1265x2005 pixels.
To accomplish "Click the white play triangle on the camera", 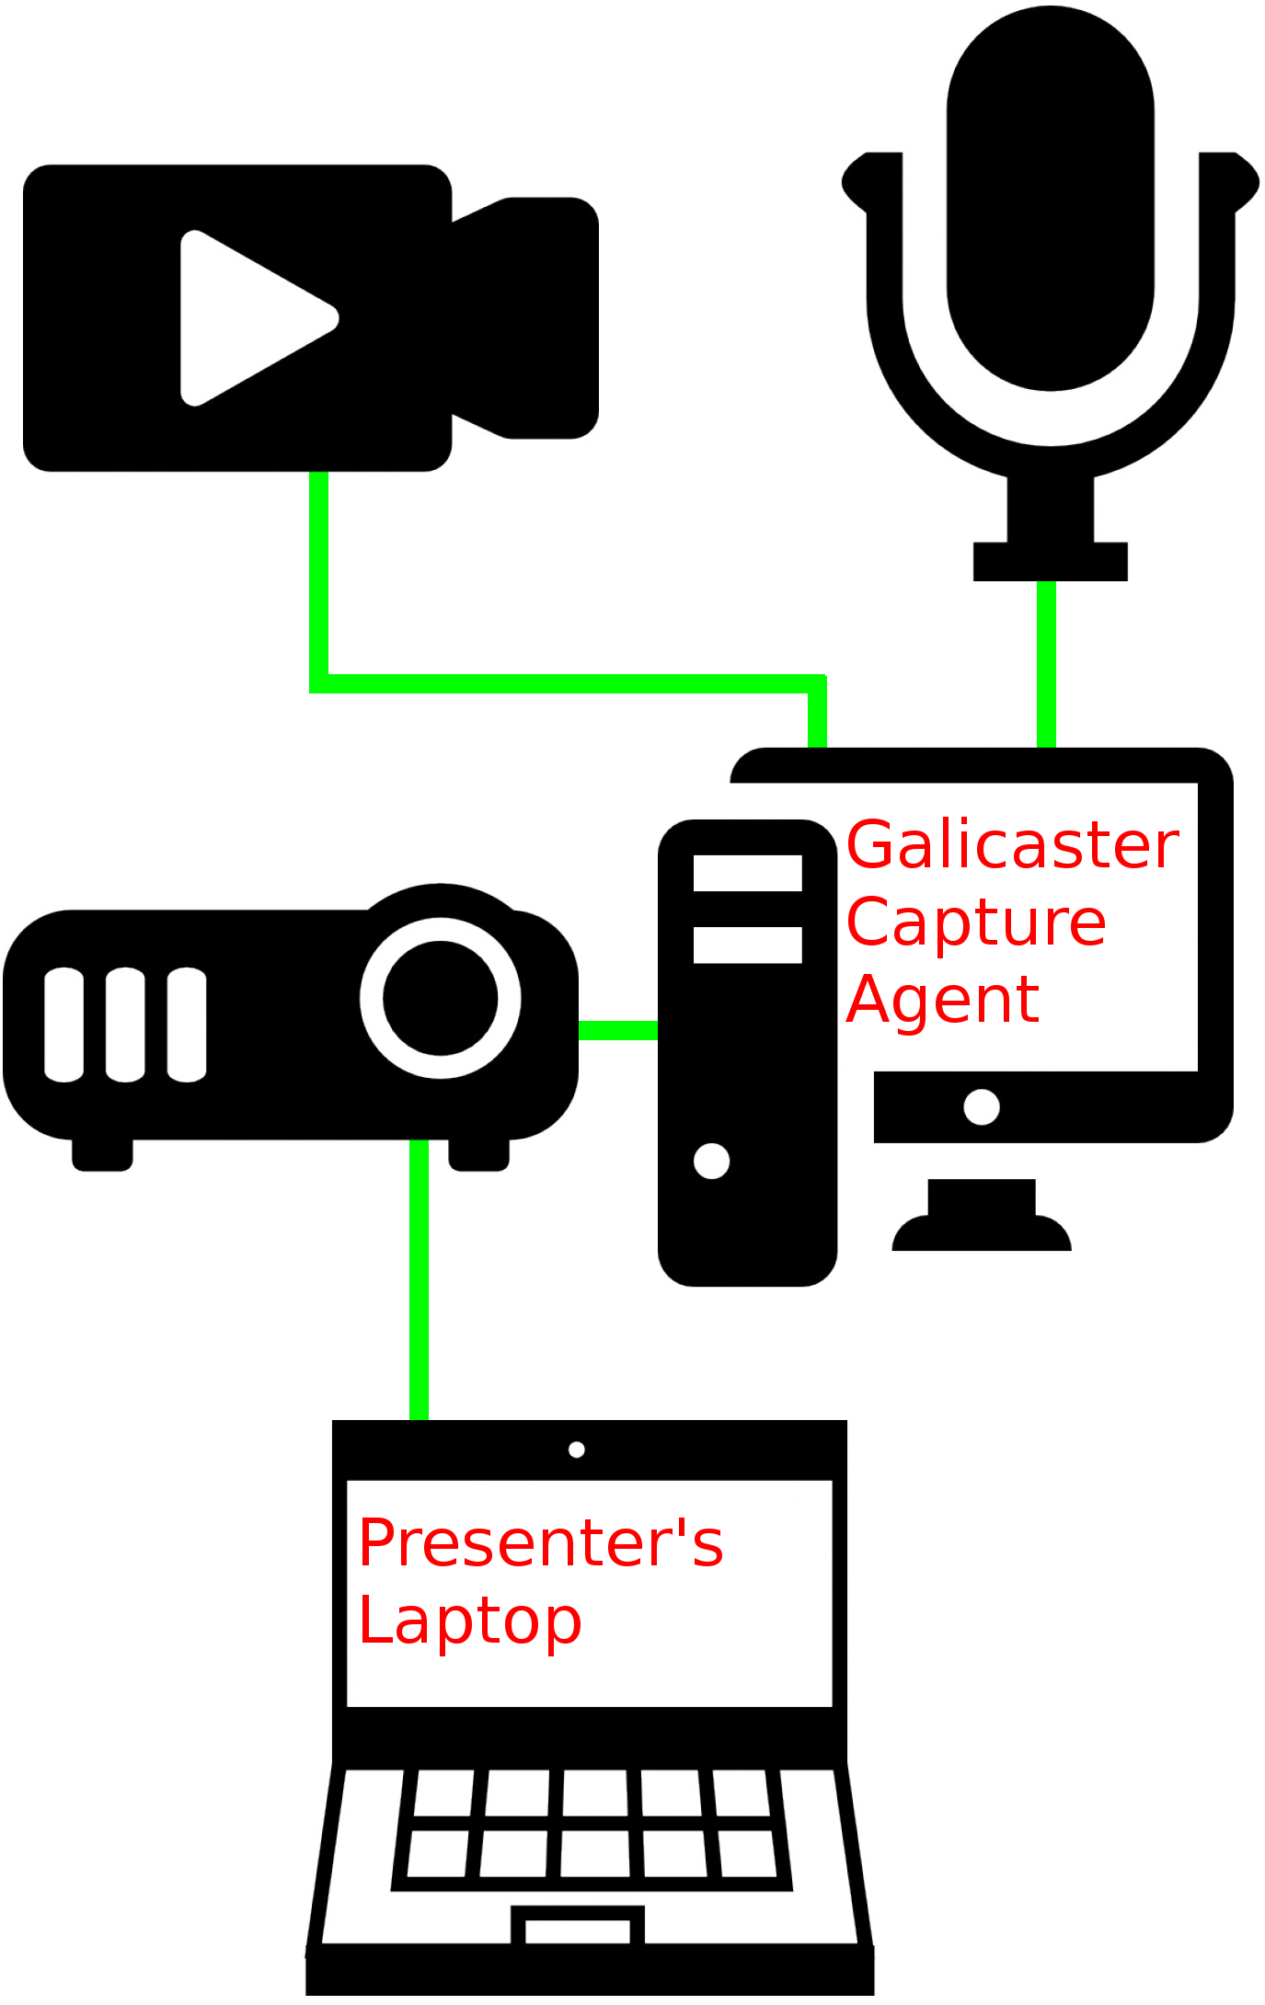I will coord(248,317).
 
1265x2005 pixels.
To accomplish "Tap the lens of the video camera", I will coord(543,317).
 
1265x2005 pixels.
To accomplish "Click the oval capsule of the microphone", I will coord(1050,198).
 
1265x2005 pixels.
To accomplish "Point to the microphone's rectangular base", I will coord(1050,561).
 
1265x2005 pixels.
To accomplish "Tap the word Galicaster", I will coord(1012,846).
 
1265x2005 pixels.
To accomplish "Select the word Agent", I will coord(943,1000).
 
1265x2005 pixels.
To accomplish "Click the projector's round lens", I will coord(441,998).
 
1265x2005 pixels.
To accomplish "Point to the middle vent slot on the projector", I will coord(125,1025).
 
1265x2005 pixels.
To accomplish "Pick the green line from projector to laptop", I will coord(419,1278).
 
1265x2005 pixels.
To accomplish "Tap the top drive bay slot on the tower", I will coord(747,873).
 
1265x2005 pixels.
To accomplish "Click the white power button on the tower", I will coord(711,1161).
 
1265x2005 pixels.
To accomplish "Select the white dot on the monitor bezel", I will coord(981,1106).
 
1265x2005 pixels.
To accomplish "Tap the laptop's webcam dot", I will coord(577,1449).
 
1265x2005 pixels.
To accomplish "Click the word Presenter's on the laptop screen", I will coord(541,1543).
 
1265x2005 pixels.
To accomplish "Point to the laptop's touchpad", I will coord(577,1931).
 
